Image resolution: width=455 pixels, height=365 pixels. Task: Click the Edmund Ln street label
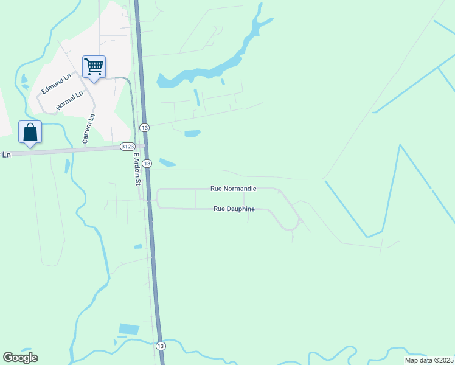click(56, 83)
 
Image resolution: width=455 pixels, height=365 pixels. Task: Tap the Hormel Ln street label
click(69, 101)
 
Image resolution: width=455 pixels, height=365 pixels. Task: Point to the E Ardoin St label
click(137, 169)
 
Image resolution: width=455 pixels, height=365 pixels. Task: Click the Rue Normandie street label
click(233, 189)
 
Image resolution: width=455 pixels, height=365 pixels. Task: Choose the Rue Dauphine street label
click(234, 209)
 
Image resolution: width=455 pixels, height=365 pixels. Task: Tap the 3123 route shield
click(128, 147)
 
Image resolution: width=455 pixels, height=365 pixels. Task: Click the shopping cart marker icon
click(94, 66)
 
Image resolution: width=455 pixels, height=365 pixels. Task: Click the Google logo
click(20, 358)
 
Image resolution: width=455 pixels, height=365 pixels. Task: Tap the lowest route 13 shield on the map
click(160, 346)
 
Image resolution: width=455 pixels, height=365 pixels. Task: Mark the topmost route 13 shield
click(144, 127)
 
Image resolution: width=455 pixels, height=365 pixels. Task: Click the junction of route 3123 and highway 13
click(145, 147)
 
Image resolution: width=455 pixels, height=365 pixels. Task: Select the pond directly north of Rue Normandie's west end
click(167, 162)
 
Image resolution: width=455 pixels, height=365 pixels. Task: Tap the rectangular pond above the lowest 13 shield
click(129, 329)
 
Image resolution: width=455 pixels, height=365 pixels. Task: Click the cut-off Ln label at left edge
click(6, 155)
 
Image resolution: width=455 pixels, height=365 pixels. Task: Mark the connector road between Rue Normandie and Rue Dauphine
click(195, 199)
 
